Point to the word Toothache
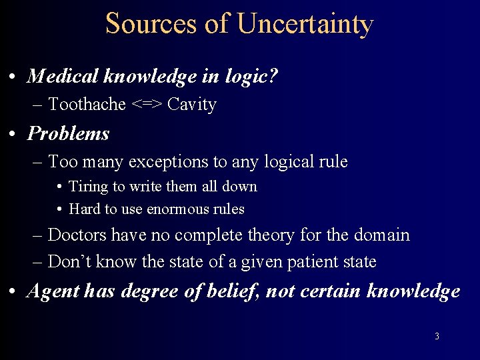coord(87,105)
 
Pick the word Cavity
coord(192,105)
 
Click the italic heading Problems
coord(68,133)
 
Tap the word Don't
coord(70,262)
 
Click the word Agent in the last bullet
coord(51,291)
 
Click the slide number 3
coord(437,337)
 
